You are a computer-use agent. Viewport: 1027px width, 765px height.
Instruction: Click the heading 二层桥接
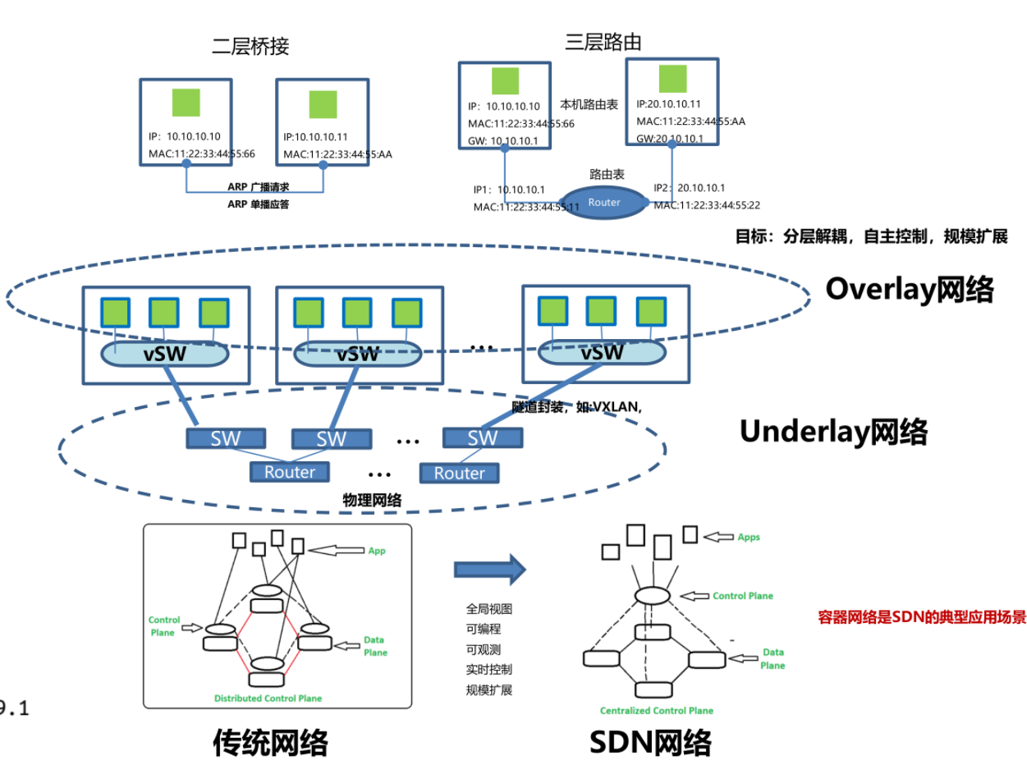(x=250, y=46)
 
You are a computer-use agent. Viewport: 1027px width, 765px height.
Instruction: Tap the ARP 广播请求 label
(x=259, y=186)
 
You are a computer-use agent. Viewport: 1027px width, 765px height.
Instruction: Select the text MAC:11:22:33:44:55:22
(x=707, y=205)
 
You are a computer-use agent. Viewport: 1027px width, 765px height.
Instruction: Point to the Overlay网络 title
(x=910, y=289)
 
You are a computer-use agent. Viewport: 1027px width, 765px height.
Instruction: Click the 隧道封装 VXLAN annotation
(x=577, y=406)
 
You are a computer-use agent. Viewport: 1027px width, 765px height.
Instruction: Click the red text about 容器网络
(x=922, y=617)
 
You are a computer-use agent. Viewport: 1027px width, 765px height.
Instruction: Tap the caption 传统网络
(x=270, y=742)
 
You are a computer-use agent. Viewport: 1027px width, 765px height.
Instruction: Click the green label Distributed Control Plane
(x=268, y=699)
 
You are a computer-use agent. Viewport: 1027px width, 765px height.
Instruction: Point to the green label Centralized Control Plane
(x=656, y=710)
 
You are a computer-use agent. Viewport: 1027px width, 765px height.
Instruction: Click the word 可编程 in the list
(x=484, y=629)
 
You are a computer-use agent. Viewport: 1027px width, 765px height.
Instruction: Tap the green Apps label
(x=748, y=537)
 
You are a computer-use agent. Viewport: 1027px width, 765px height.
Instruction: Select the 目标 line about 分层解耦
(x=871, y=236)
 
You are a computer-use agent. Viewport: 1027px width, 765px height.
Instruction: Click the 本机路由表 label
(x=589, y=105)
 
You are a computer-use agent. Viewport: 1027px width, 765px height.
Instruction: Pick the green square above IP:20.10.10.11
(x=672, y=78)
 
